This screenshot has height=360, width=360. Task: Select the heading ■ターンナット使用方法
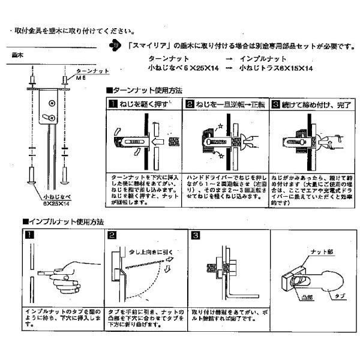coord(143,90)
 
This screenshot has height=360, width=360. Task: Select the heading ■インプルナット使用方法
coord(63,221)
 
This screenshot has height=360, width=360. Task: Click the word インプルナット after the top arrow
coord(263,59)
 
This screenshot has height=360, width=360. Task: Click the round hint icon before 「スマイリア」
coord(115,46)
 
